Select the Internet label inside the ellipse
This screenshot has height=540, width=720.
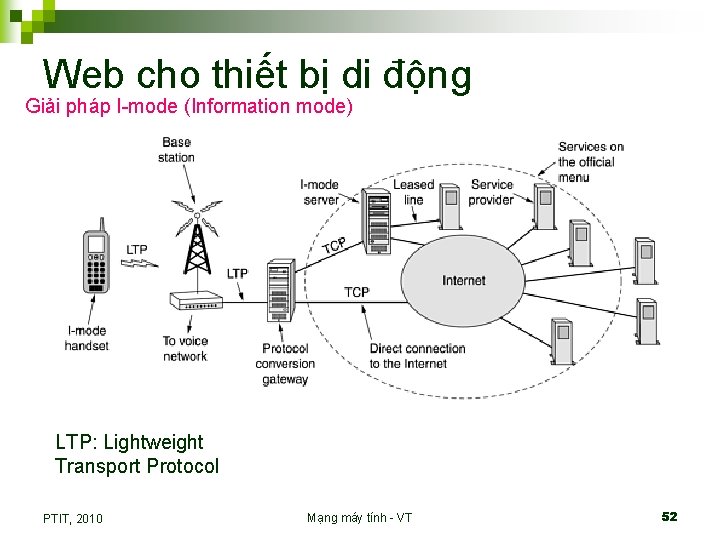[x=463, y=280]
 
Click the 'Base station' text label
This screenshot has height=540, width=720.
[x=177, y=150]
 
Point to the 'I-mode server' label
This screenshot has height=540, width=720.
[x=320, y=192]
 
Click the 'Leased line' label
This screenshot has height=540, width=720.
[x=413, y=192]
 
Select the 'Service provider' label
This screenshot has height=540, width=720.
[x=491, y=192]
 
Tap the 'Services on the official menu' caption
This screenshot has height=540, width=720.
[x=590, y=162]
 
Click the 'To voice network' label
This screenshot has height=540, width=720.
[x=185, y=348]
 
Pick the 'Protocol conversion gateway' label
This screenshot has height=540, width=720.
[x=285, y=364]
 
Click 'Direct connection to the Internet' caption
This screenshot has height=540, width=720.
[x=417, y=356]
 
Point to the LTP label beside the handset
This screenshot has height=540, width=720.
[x=137, y=250]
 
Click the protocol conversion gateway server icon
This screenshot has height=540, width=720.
[x=278, y=290]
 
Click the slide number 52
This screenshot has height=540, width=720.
[x=669, y=516]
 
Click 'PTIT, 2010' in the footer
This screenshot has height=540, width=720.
[x=73, y=518]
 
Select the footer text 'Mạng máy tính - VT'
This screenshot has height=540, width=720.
[x=359, y=517]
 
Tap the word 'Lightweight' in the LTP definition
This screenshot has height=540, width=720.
[x=153, y=442]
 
